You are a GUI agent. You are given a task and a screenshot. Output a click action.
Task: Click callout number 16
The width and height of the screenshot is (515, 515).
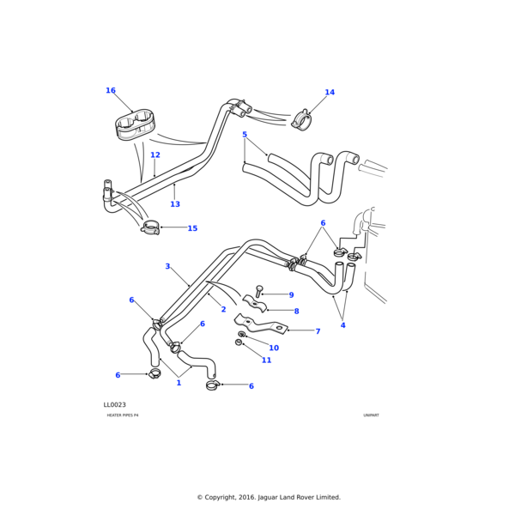tap(111, 90)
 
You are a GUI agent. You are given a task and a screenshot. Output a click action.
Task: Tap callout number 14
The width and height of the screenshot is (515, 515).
tap(330, 93)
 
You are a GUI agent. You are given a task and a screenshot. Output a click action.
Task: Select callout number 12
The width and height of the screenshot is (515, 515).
tap(155, 155)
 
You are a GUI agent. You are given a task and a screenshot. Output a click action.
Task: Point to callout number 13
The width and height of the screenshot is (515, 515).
tap(175, 204)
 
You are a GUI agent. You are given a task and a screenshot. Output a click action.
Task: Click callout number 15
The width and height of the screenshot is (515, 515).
tap(192, 228)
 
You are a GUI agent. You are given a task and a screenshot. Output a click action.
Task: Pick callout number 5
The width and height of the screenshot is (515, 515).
tap(245, 135)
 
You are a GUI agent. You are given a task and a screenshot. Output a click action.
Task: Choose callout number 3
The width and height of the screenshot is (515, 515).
tap(167, 267)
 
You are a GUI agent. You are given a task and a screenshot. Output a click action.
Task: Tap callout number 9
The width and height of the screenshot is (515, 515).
tap(291, 295)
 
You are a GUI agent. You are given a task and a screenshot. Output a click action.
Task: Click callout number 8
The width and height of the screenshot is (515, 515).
tap(297, 312)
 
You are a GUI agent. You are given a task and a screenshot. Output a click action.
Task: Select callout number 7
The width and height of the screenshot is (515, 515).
tap(318, 331)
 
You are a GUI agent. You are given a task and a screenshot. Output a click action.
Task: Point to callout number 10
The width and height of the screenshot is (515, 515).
tap(274, 348)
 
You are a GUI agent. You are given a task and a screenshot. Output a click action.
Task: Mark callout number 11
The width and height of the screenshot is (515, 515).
tap(267, 360)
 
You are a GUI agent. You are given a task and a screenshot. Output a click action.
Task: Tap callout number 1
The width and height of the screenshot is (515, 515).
tap(179, 383)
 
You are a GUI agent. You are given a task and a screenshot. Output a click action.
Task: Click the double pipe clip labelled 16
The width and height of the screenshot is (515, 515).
tap(135, 125)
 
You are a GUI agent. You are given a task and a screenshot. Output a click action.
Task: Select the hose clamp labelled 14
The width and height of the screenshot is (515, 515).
tap(301, 119)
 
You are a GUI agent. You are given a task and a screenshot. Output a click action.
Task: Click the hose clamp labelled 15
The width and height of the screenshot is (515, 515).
tap(151, 227)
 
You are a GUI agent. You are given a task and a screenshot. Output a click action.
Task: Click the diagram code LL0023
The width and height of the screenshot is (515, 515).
tap(115, 405)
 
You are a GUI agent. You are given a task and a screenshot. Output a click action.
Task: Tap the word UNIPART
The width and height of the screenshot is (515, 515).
tap(371, 415)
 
